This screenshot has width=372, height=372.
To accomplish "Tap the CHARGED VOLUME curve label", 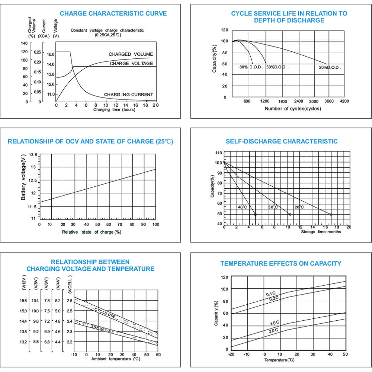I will (131, 54).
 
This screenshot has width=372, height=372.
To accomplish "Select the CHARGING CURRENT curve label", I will (128, 94).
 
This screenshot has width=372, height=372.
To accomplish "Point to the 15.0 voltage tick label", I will (51, 54).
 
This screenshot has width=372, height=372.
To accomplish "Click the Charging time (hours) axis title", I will (114, 110).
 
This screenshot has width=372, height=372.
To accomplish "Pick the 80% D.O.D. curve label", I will (251, 67).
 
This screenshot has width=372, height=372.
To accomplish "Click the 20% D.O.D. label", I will (330, 68).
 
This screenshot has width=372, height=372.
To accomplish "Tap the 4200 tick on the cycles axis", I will (344, 101).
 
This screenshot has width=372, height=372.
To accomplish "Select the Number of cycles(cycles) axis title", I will (293, 109).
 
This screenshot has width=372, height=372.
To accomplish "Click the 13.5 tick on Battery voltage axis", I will (33, 155).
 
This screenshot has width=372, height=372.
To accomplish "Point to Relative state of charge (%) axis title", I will (92, 232).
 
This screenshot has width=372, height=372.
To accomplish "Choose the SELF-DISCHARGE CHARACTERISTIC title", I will (282, 141).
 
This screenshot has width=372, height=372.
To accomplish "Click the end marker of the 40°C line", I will (256, 214).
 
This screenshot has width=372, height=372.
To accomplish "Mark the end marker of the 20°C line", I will (331, 214).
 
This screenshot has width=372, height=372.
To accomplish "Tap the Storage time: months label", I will (321, 232).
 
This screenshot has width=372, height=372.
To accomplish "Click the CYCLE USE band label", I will (105, 312).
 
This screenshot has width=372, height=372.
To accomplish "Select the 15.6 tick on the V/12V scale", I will (23, 300).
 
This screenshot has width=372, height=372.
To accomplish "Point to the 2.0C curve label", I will (272, 330).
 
